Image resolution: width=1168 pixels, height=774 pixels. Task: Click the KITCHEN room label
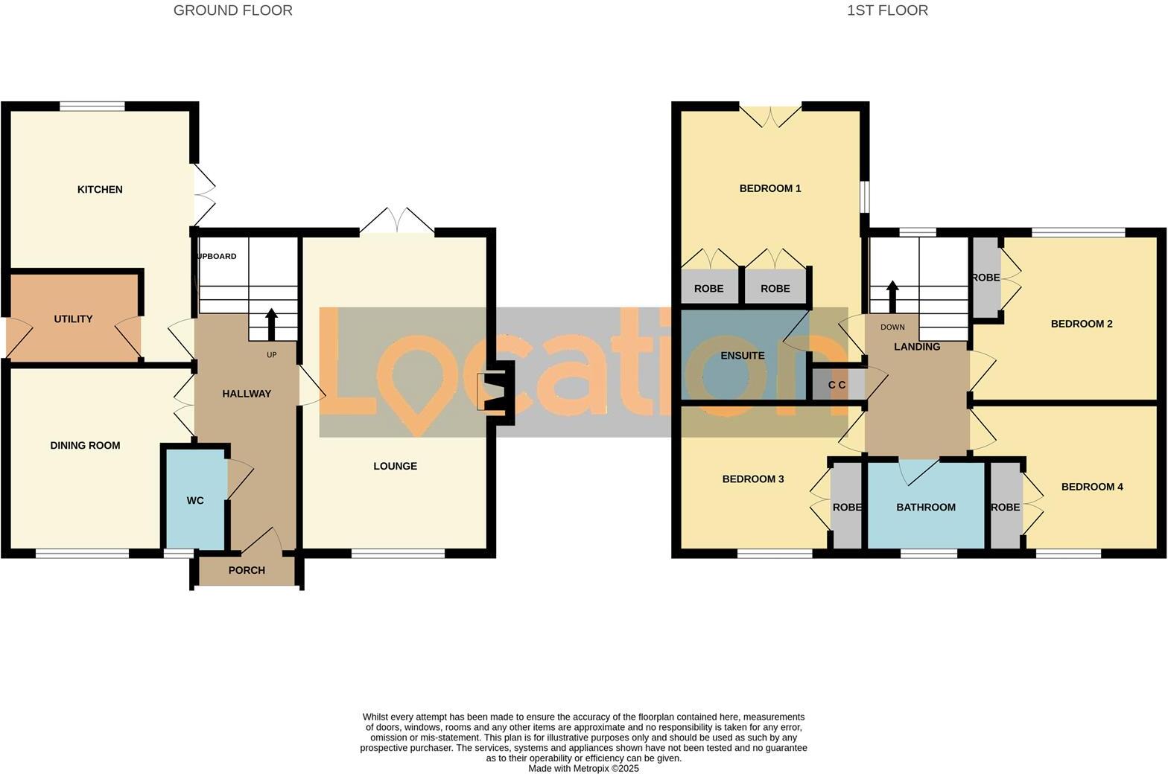[x=100, y=190]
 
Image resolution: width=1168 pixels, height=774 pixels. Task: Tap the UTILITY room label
[x=73, y=319]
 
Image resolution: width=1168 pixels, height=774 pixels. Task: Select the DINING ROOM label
[x=85, y=446]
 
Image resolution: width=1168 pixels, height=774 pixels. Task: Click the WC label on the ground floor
[x=195, y=501]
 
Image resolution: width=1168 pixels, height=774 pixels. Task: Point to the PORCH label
[x=247, y=571]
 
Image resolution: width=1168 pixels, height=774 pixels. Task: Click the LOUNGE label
[x=395, y=467]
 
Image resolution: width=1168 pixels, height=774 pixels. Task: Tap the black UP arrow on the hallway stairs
[x=271, y=324]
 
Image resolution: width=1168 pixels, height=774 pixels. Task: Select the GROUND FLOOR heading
[x=232, y=10]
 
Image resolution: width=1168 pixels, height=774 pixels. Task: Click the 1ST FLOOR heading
[x=887, y=10]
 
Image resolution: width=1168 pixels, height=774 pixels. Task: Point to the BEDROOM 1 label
[x=770, y=189]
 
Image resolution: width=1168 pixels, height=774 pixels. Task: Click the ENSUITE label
[x=743, y=356]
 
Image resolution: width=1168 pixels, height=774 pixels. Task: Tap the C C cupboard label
[x=837, y=386]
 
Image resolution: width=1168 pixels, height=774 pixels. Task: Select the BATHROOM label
[x=925, y=508]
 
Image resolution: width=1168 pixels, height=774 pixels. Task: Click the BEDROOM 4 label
[x=1092, y=487]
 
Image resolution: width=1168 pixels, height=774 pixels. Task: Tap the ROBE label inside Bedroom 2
[x=986, y=278]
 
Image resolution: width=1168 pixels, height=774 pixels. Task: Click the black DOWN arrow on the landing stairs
[x=892, y=296]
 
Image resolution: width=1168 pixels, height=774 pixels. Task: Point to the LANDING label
[x=917, y=347]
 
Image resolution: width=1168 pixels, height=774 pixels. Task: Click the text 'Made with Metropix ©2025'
[x=583, y=769]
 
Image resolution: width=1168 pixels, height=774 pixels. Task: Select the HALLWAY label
[x=247, y=394]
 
